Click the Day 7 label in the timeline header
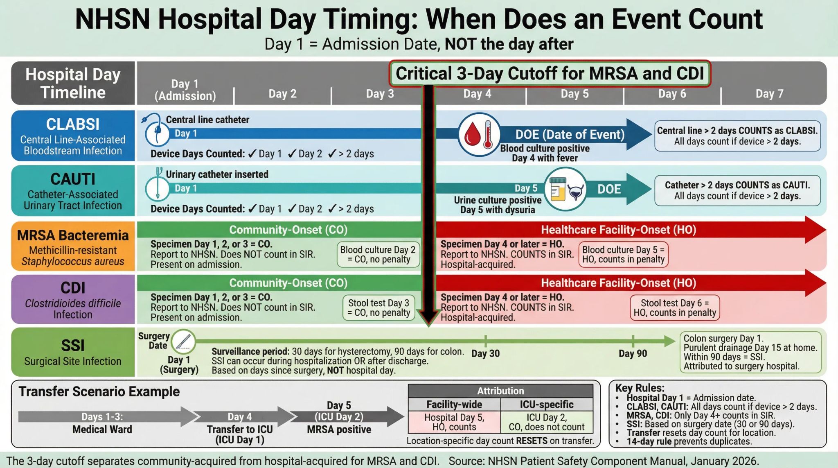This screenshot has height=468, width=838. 769,94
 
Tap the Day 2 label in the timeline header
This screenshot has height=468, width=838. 282,94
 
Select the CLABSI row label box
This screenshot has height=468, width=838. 73,136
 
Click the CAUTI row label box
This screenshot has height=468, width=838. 73,191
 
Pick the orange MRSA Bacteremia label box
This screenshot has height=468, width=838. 73,246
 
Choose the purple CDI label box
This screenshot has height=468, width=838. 73,299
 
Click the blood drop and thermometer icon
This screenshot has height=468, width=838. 479,134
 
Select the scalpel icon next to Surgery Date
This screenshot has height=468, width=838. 183,341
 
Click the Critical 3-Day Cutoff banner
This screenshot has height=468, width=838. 550,74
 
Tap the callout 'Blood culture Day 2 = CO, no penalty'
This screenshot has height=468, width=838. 378,254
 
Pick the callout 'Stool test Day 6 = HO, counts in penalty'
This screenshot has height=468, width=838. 675,307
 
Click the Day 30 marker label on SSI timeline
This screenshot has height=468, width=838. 485,353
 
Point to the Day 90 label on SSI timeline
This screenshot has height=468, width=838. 633,353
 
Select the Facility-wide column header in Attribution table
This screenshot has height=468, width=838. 454,405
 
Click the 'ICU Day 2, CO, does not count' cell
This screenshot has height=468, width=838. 547,422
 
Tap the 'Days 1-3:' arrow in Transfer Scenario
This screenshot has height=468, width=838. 102,417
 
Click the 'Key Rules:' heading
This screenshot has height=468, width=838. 640,388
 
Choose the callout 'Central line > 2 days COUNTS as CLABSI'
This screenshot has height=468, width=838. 737,136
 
